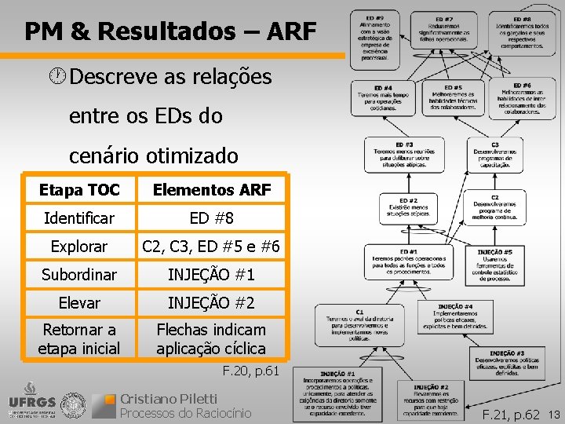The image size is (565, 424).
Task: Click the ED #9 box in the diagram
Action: [x=379, y=38]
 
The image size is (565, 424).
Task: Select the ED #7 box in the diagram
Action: [x=444, y=31]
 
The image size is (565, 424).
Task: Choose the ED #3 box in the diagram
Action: [x=404, y=155]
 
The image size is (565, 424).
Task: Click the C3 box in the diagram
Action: [x=495, y=155]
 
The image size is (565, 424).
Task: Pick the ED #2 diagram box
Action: [x=409, y=207]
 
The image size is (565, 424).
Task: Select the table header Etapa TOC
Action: [x=79, y=189]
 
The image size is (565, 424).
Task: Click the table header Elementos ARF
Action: [x=212, y=189]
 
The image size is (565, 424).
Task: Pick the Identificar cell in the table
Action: [x=79, y=217]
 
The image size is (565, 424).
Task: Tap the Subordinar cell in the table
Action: [x=79, y=275]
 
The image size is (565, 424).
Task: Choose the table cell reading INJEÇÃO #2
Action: [x=212, y=302]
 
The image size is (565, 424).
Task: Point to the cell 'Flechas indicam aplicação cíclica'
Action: [x=212, y=338]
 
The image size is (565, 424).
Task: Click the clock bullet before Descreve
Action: [x=57, y=77]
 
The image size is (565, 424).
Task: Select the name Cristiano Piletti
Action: [x=168, y=398]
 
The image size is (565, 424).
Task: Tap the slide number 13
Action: [x=553, y=414]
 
